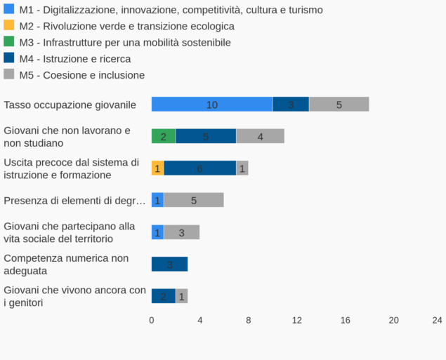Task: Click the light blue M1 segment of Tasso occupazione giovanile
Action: pos(212,105)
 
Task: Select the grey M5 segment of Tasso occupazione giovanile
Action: pos(339,105)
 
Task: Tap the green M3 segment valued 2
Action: pos(164,136)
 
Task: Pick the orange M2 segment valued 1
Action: pos(157,168)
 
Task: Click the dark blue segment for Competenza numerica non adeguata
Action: pos(169,264)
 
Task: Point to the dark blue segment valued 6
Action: pos(200,168)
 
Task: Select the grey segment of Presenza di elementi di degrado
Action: pos(193,200)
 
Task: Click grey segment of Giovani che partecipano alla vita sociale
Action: pos(181,232)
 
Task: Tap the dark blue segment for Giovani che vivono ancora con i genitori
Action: pos(164,296)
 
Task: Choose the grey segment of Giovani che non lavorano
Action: pos(260,136)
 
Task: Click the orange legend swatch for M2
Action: pos(9,25)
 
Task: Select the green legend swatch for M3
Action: pos(9,42)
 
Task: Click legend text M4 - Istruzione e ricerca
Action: pos(75,59)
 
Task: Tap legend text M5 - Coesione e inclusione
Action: pos(82,75)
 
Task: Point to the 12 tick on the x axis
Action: pos(297,320)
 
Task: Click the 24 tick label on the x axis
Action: pos(437,320)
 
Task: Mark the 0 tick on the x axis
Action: pos(152,320)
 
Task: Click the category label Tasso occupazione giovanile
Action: pos(70,105)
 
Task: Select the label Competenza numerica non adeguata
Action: pos(66,264)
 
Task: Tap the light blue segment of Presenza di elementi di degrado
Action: pos(157,200)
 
